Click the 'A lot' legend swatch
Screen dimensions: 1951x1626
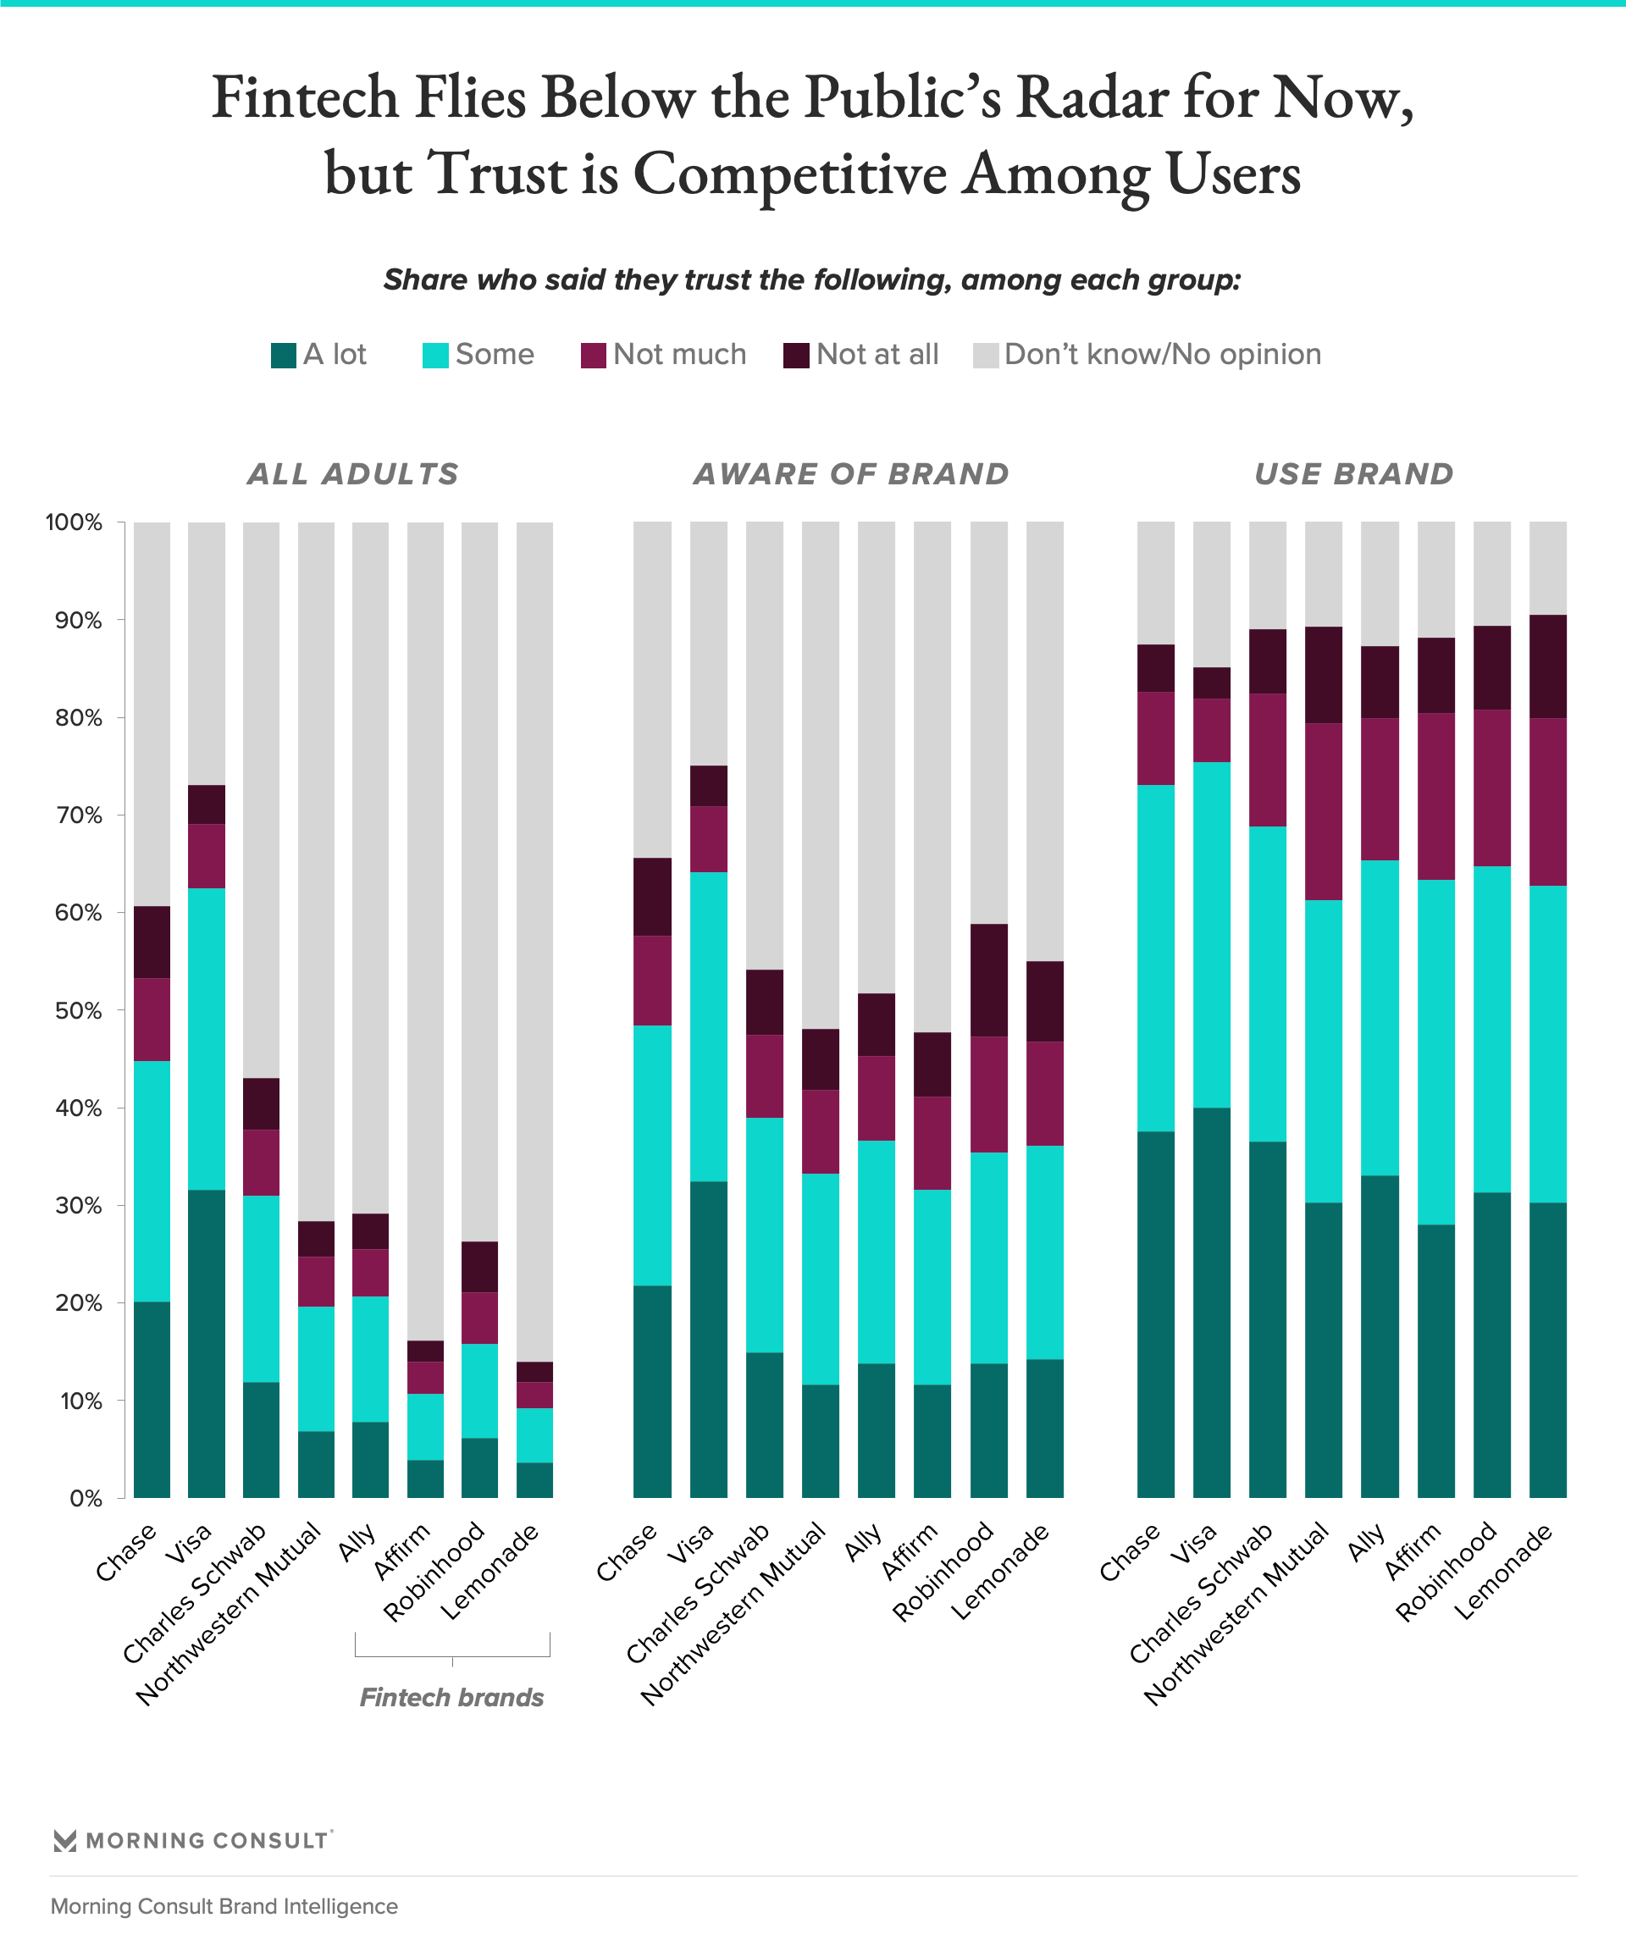(x=284, y=356)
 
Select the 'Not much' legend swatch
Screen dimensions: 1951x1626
(x=594, y=356)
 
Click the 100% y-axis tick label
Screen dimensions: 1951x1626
(x=74, y=522)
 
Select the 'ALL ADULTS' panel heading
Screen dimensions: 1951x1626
(x=353, y=474)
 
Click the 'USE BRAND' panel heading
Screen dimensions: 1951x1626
(x=1354, y=474)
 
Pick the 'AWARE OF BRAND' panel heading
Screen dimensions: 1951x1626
(x=851, y=474)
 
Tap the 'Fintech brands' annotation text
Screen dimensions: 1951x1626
(x=451, y=1697)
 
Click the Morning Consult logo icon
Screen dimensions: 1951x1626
(x=65, y=1840)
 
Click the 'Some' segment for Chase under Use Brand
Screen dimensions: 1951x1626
(x=1156, y=958)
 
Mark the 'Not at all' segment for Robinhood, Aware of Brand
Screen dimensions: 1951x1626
(x=988, y=980)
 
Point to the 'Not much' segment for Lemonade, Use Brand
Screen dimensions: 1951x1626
(x=1548, y=802)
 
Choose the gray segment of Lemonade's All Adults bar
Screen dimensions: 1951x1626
(x=534, y=938)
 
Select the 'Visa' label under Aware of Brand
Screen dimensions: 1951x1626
(x=692, y=1544)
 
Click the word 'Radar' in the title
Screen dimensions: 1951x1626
(x=1092, y=97)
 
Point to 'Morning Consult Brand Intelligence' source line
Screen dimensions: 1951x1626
(x=224, y=1906)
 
